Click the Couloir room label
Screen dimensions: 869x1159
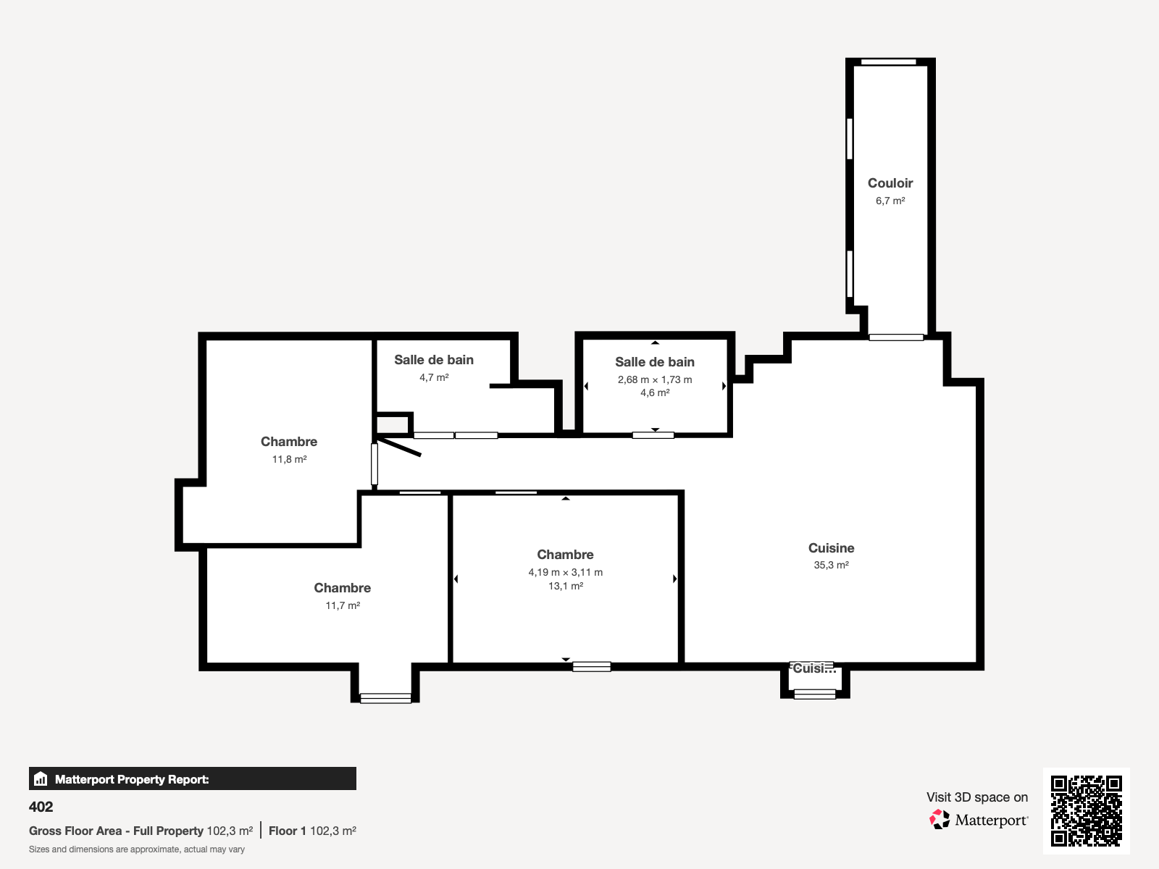890,183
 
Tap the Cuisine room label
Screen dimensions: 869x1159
831,548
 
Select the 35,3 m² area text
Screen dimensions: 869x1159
831,566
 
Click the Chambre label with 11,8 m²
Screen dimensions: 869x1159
289,442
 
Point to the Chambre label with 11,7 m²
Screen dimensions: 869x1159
342,588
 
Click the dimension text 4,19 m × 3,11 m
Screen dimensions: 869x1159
565,572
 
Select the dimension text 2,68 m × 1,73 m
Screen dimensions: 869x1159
655,379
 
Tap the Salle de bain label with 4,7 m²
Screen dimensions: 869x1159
434,360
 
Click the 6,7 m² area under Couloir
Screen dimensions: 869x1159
890,201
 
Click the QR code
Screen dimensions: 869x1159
1086,810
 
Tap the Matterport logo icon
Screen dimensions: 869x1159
940,820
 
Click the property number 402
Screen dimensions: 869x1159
41,807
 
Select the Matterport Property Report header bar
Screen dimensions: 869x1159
193,779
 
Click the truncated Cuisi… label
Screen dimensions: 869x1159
813,668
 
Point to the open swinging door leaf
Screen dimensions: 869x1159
399,447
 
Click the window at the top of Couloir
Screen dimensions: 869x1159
889,62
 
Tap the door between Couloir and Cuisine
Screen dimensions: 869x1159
896,337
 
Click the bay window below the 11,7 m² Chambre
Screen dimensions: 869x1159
385,698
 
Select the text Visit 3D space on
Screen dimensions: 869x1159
976,797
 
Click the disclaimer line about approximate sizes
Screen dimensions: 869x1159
137,849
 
